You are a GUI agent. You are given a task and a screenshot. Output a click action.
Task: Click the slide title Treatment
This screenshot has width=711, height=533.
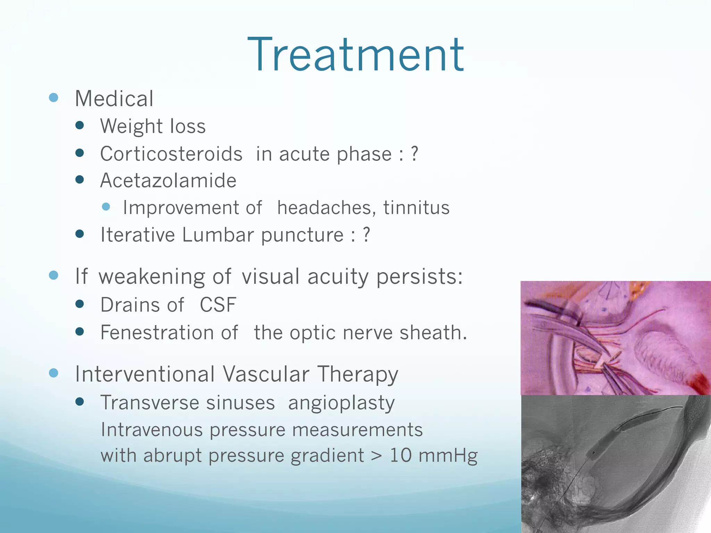point(355,56)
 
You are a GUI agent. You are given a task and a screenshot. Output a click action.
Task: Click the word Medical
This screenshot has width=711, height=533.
point(114,99)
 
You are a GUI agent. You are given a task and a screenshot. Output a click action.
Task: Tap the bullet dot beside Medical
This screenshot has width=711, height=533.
point(53,98)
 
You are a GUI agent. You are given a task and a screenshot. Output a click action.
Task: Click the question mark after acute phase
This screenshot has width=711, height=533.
point(414,154)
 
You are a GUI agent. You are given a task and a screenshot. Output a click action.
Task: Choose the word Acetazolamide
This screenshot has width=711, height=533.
point(168,181)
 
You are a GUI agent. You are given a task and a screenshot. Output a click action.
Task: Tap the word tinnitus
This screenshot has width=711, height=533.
point(416,208)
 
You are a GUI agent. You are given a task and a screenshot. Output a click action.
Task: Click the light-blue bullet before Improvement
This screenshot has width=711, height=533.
point(106,207)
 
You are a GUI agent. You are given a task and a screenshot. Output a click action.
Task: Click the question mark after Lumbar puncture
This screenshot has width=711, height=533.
point(366,235)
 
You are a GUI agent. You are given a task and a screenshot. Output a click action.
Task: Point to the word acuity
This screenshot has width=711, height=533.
point(338,277)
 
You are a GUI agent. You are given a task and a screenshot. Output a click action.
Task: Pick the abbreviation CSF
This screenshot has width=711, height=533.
point(218,305)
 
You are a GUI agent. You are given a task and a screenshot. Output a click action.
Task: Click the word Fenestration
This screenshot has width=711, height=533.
point(169,333)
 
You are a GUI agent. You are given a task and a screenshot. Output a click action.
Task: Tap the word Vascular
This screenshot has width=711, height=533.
point(266,374)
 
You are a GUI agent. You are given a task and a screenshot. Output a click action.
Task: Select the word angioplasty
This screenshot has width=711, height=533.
point(341,403)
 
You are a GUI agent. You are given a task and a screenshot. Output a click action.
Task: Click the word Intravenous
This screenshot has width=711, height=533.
point(151,430)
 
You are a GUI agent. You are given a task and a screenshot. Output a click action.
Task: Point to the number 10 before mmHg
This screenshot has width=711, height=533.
point(401,455)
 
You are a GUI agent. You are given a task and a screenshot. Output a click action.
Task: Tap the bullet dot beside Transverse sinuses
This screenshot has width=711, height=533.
point(80,402)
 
